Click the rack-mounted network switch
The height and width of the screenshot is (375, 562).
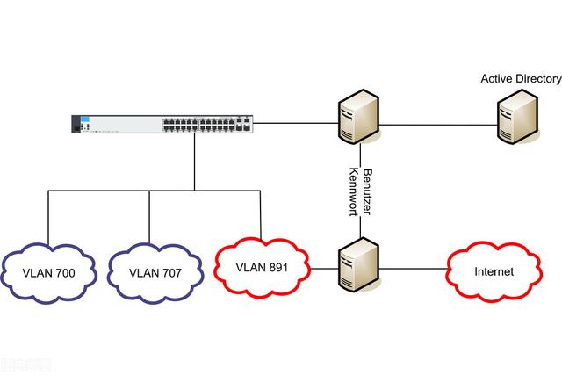[162, 123]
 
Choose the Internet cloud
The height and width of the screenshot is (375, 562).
[494, 271]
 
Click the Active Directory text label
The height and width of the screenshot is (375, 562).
[521, 79]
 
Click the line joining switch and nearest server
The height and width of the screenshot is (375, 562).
[294, 123]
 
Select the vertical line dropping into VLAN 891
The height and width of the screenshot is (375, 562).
[261, 213]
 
